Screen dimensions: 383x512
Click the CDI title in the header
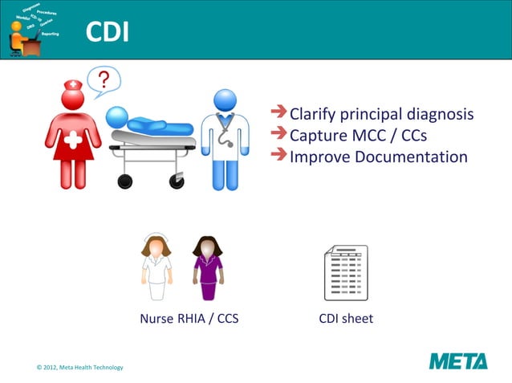pyautogui.click(x=108, y=32)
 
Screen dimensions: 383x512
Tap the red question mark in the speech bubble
pyautogui.click(x=104, y=80)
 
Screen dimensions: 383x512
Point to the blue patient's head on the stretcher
pyautogui.click(x=118, y=116)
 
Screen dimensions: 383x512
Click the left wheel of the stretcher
pyautogui.click(x=124, y=181)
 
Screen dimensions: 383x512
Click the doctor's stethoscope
pyautogui.click(x=227, y=133)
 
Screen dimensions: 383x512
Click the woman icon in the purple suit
pyautogui.click(x=208, y=267)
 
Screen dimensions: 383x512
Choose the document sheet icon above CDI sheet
pyautogui.click(x=345, y=273)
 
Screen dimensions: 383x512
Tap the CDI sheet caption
pyautogui.click(x=346, y=319)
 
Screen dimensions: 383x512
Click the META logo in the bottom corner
pyautogui.click(x=457, y=361)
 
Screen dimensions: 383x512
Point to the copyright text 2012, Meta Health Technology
pyautogui.click(x=80, y=367)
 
